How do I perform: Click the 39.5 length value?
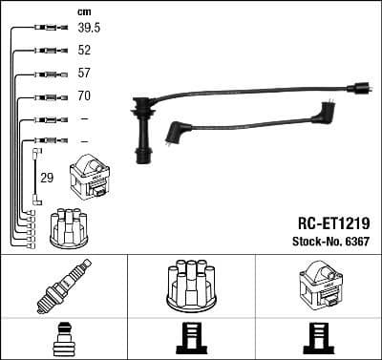(x=88, y=29)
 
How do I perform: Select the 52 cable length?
(x=85, y=51)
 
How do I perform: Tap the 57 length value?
(x=85, y=74)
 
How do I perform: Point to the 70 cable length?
(x=85, y=95)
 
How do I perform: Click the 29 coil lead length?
(x=47, y=178)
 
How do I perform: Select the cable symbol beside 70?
(x=45, y=96)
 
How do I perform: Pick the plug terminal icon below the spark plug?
(x=62, y=340)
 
